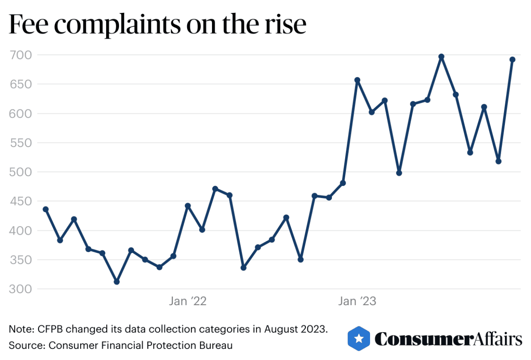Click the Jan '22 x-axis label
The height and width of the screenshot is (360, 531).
tap(188, 301)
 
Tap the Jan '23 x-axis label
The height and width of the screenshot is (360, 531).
tap(357, 301)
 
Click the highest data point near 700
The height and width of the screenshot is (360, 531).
tap(441, 56)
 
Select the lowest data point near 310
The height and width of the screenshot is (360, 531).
tap(117, 282)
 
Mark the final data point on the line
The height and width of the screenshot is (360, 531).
tap(512, 59)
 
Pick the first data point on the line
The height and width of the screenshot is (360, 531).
tap(46, 209)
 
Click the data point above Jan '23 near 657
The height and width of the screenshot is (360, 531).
tap(357, 80)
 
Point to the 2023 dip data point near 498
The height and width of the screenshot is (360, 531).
tap(399, 173)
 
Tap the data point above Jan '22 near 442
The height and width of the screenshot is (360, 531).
tap(188, 206)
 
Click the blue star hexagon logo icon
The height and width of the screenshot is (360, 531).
tap(358, 338)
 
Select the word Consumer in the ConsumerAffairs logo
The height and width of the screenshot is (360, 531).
tap(423, 339)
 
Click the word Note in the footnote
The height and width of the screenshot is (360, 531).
tap(18, 329)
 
